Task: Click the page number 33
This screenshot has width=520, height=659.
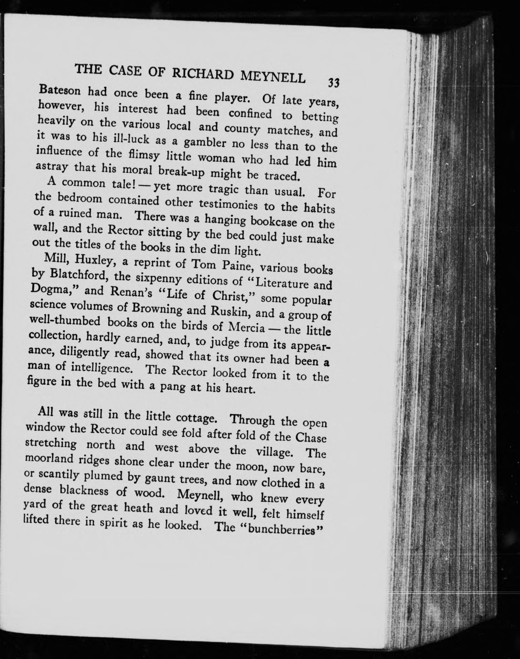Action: pos(334,83)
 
